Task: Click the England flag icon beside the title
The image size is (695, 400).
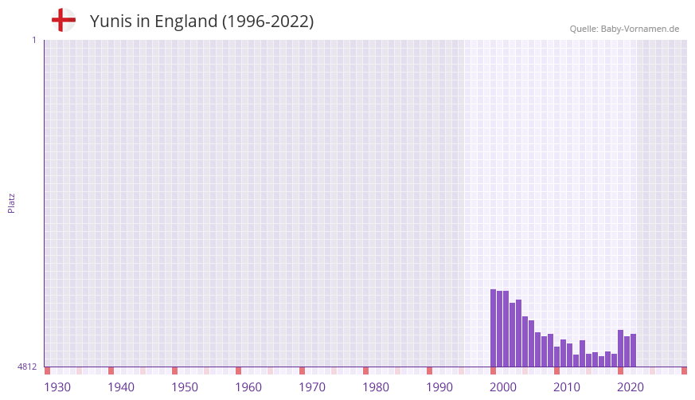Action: tap(63, 20)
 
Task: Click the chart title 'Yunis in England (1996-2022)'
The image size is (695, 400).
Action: tap(201, 22)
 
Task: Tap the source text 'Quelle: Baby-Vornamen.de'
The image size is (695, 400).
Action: tap(624, 29)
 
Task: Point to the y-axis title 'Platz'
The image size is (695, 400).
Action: tap(11, 202)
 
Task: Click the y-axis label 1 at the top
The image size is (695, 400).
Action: tap(33, 40)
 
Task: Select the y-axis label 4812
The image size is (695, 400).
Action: tap(27, 367)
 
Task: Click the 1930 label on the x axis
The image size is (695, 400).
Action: tap(57, 387)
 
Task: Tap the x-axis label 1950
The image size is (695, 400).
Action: tap(185, 387)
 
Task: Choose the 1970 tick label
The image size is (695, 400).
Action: tap(312, 387)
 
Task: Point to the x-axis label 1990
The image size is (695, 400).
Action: tap(439, 387)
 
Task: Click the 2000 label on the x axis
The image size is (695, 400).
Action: tap(503, 387)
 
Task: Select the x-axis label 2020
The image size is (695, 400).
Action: tap(631, 387)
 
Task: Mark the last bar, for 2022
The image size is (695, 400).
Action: tap(633, 351)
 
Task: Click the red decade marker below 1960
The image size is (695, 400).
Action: tap(238, 371)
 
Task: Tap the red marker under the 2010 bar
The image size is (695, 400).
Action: tap(556, 371)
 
